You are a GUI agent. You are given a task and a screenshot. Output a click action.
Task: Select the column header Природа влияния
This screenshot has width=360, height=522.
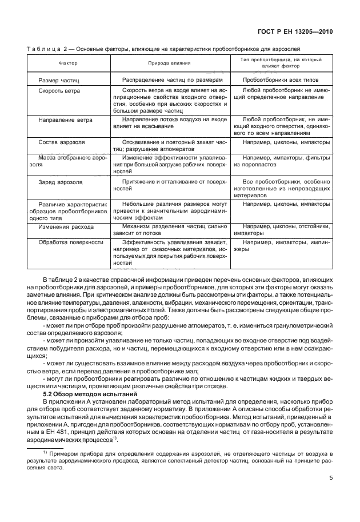coord(170,63)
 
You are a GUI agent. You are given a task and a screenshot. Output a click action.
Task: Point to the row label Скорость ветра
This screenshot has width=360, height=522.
coord(59,90)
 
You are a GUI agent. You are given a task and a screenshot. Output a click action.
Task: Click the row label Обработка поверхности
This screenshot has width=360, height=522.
coord(70,242)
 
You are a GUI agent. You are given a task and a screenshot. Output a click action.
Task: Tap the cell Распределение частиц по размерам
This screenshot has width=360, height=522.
coord(170,80)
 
